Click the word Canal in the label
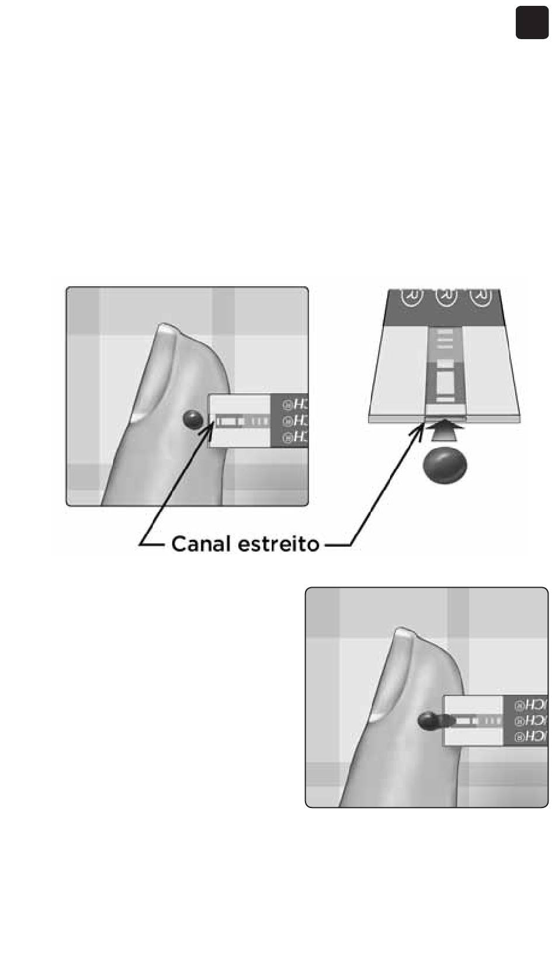click(x=202, y=545)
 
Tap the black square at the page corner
click(x=532, y=23)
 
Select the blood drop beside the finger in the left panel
click(x=192, y=418)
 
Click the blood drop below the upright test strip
click(x=445, y=464)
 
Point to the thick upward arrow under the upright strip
click(x=445, y=433)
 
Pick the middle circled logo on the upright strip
click(x=446, y=297)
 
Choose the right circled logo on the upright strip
click(x=480, y=297)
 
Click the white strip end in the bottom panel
click(x=474, y=721)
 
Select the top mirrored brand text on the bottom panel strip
click(x=531, y=705)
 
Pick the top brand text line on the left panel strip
click(x=295, y=405)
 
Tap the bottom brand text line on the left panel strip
click(x=295, y=436)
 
